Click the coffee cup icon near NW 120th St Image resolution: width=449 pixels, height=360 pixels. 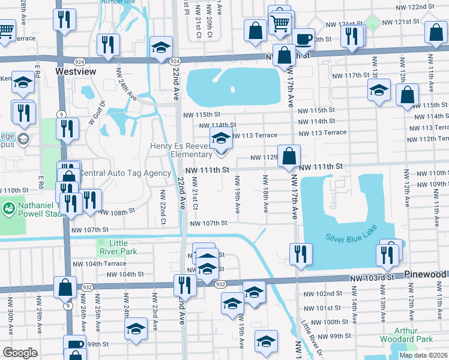tap(304, 39)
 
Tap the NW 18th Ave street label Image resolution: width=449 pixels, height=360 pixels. tap(265, 193)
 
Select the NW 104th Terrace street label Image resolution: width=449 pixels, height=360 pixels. tap(100, 263)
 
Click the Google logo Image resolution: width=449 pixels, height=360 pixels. tap(20, 353)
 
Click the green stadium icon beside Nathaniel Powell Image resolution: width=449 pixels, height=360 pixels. tap(10, 208)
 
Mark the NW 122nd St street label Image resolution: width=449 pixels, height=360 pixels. tap(418, 6)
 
